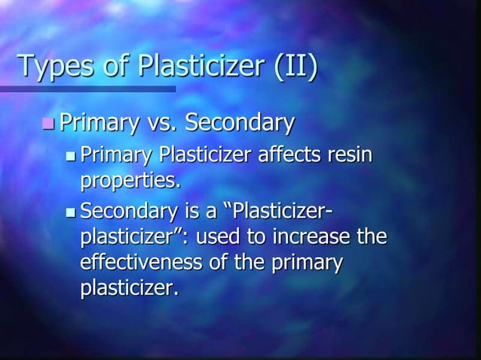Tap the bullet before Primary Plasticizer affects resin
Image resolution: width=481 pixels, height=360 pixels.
tap(71, 157)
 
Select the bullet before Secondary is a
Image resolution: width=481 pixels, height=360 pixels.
tap(71, 210)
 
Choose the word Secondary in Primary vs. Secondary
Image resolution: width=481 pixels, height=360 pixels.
tap(240, 122)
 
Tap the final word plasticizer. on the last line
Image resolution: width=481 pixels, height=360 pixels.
tap(130, 289)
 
